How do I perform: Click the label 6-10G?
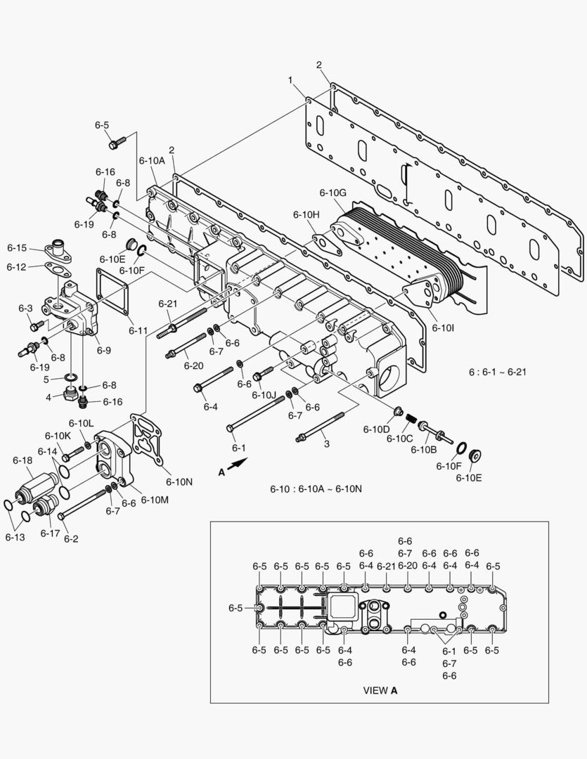[x=333, y=193]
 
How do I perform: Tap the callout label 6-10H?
[x=306, y=214]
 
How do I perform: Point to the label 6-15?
[x=17, y=248]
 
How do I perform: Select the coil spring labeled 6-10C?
[x=409, y=420]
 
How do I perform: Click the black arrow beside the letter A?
[x=239, y=463]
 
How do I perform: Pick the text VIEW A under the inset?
[x=380, y=690]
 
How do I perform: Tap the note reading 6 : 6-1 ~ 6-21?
[x=497, y=371]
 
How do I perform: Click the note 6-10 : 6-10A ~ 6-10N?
[x=316, y=488]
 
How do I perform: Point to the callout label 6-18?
[x=22, y=460]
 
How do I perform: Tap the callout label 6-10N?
[x=179, y=481]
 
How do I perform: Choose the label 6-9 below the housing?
[x=103, y=349]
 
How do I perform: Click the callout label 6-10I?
[x=444, y=327]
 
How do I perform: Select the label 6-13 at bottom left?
[x=15, y=537]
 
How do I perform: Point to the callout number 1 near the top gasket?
[x=290, y=81]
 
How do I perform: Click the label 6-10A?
[x=151, y=160]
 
